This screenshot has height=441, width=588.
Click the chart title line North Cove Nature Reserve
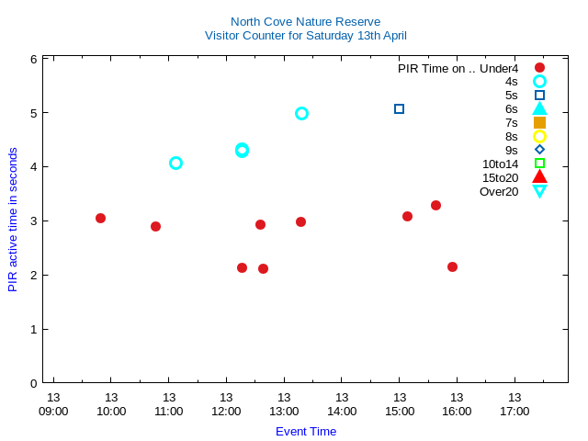[305, 21]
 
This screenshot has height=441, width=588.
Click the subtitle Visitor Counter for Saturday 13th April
[305, 36]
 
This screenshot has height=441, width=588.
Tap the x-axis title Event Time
[305, 431]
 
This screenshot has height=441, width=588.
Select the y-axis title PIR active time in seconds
[13, 220]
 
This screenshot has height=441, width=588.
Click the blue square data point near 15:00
[399, 108]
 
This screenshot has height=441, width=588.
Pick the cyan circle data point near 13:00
[301, 113]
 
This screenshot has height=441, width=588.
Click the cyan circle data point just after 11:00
[175, 163]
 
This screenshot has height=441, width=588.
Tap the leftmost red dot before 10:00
[100, 218]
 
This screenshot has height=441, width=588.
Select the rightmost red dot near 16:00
[452, 266]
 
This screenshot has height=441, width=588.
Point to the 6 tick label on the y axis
[33, 59]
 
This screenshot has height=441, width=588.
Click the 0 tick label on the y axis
[33, 383]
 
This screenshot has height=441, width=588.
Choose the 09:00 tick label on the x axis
[53, 411]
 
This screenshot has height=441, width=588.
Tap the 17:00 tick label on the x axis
[514, 411]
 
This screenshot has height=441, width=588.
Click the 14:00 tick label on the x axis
[342, 411]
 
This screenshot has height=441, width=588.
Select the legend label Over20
[499, 191]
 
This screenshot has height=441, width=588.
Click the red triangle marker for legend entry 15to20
[539, 177]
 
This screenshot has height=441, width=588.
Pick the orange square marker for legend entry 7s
[539, 122]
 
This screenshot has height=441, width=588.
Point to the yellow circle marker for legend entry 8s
[539, 136]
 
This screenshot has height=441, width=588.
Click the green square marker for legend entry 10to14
[539, 164]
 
